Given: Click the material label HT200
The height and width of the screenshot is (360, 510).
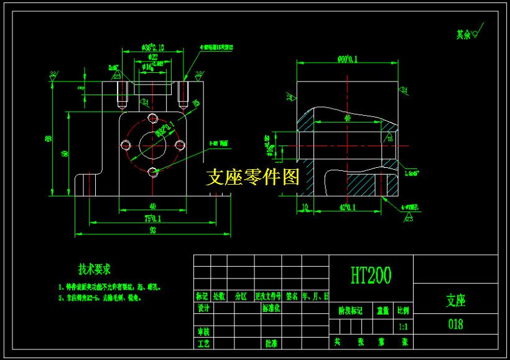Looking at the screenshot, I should (371, 274).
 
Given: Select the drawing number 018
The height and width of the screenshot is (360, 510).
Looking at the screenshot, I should (455, 324).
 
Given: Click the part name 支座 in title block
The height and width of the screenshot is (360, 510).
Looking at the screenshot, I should (455, 301).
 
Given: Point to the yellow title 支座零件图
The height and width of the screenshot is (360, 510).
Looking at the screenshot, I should (253, 177).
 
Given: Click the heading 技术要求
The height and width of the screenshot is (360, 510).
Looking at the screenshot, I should (94, 269).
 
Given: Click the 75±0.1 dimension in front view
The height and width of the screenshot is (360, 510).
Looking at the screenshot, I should (152, 218).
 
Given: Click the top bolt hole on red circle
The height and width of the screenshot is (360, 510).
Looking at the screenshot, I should (152, 118).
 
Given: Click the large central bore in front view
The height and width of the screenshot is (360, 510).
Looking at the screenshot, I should (152, 145).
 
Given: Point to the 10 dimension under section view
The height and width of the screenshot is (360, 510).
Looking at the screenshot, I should (305, 207).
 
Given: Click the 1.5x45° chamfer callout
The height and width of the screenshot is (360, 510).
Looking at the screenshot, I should (411, 173).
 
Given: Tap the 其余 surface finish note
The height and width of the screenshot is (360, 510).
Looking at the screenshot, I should (463, 35).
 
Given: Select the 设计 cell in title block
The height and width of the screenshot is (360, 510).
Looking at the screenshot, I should (203, 308).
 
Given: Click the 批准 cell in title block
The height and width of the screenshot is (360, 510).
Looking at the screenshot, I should (271, 343).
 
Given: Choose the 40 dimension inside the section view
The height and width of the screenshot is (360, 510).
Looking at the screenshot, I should (347, 118).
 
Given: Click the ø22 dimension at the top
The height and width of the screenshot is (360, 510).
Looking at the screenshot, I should (153, 57).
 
